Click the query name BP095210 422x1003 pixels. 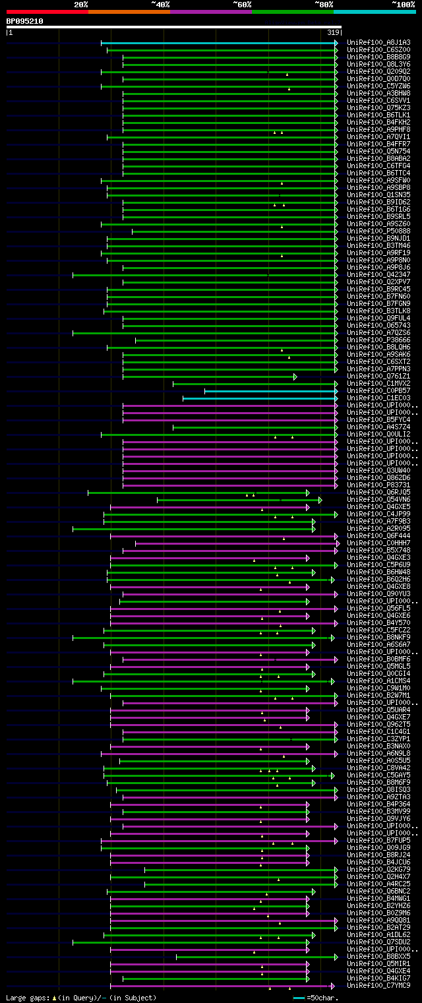pyautogui.click(x=25, y=21)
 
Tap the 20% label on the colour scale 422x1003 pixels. pyautogui.click(x=81, y=5)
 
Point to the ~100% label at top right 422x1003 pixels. pyautogui.click(x=403, y=5)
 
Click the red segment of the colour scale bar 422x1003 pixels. pyautogui.click(x=47, y=12)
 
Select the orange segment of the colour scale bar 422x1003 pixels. pyautogui.click(x=129, y=12)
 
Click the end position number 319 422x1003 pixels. pyautogui.click(x=333, y=32)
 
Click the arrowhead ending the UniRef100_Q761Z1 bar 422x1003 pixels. pyautogui.click(x=295, y=377)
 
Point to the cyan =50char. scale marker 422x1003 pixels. pyautogui.click(x=299, y=998)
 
